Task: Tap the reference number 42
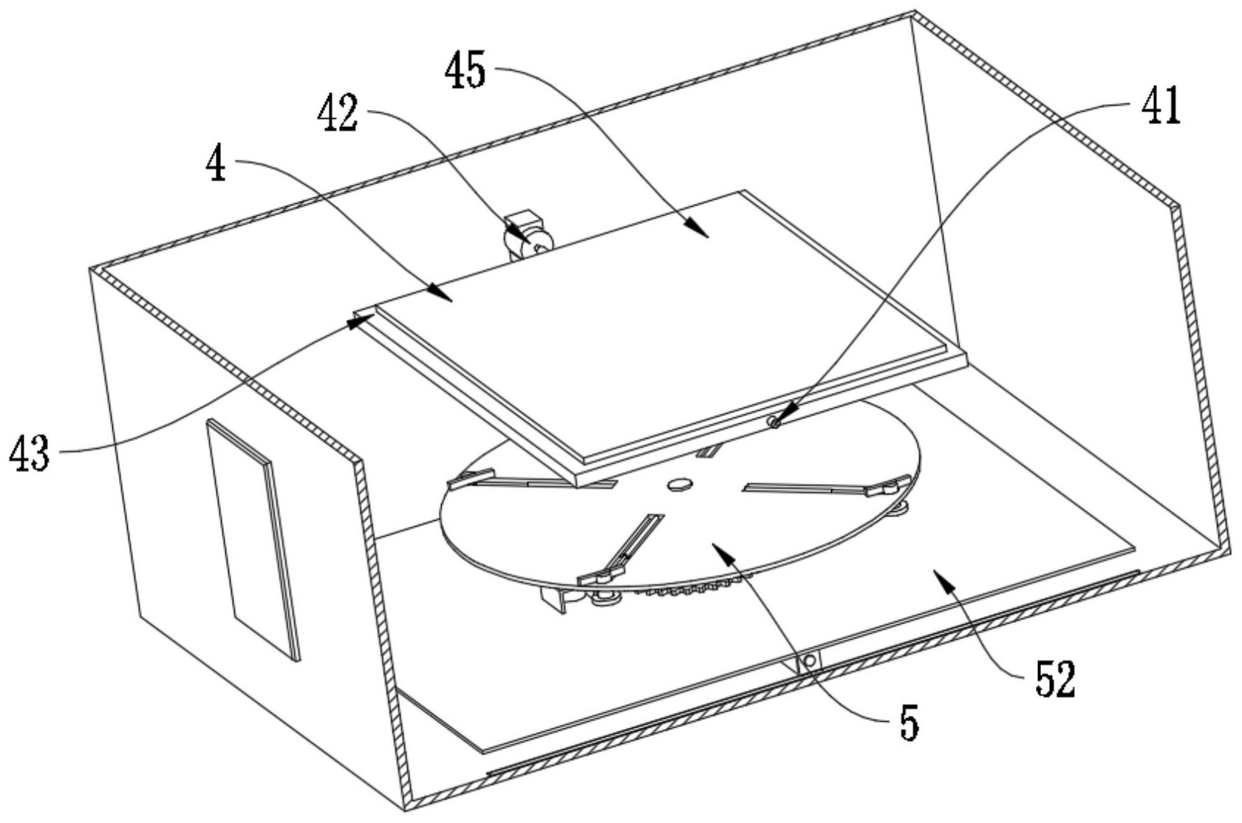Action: [x=337, y=115]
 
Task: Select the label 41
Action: [x=1161, y=106]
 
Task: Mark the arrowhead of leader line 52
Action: [x=943, y=578]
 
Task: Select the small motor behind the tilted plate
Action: [x=527, y=235]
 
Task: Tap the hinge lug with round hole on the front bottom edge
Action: [x=809, y=660]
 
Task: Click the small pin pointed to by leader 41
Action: [x=774, y=423]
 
